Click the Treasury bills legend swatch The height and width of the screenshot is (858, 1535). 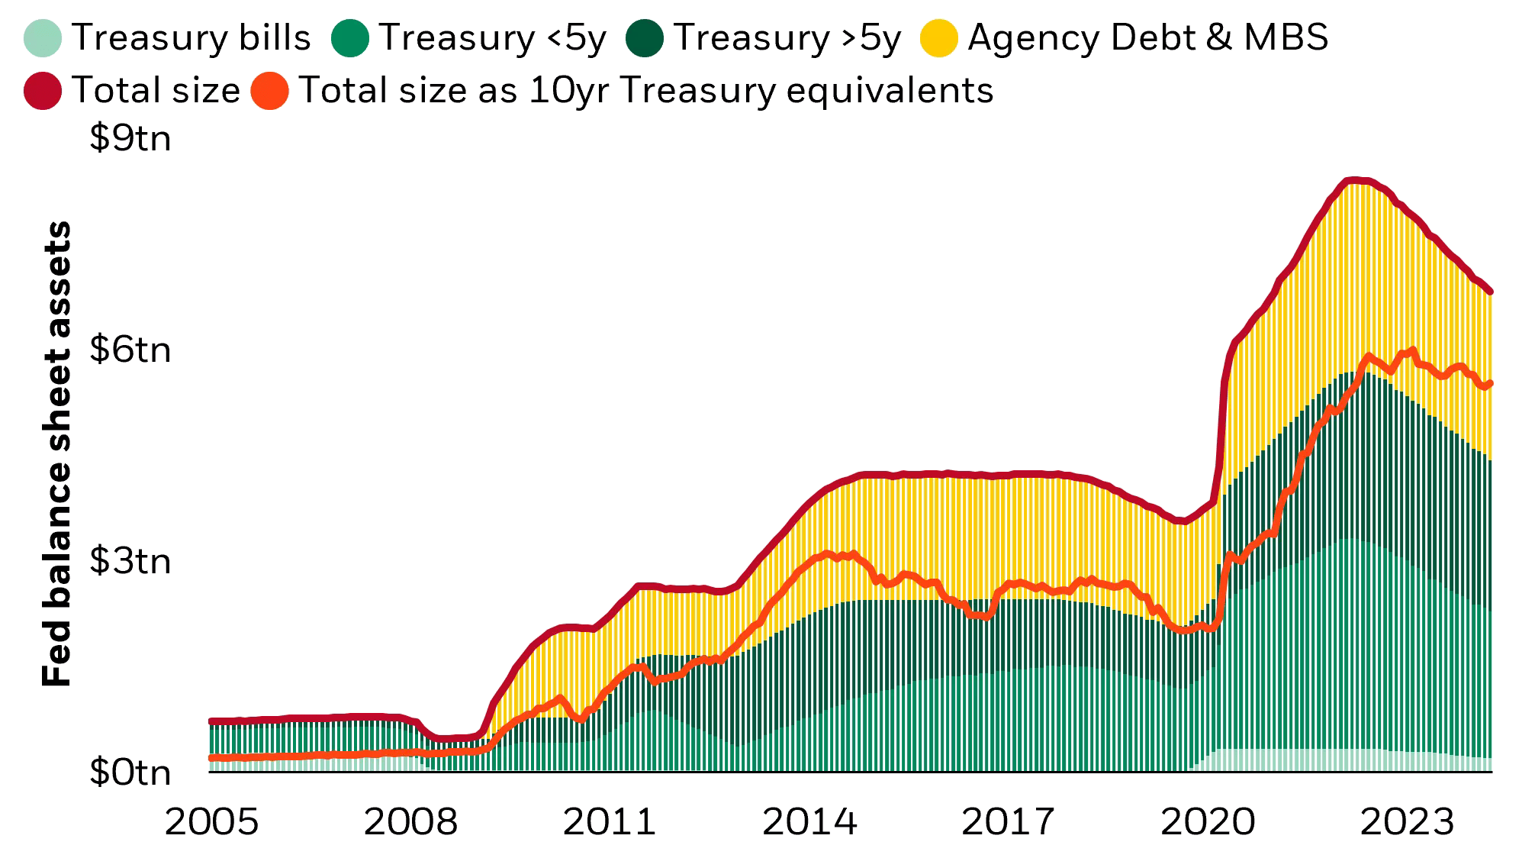tap(43, 38)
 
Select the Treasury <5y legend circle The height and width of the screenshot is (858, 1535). tap(350, 38)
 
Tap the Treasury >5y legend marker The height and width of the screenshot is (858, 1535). tap(645, 38)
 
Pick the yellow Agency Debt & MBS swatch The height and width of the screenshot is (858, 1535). tap(938, 38)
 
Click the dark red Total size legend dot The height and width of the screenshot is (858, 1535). tap(43, 91)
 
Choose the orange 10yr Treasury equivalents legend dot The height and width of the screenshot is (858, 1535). tap(269, 91)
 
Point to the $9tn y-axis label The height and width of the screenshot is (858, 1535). tap(130, 138)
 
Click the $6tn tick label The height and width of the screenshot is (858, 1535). tap(130, 350)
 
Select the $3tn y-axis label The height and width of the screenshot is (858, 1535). tap(130, 561)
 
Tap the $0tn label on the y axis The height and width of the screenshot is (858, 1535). tap(130, 773)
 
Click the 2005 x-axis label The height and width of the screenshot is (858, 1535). tap(211, 822)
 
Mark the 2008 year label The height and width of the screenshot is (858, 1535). tap(410, 822)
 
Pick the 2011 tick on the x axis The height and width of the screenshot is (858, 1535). tap(610, 822)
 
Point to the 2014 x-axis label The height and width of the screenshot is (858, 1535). tap(809, 822)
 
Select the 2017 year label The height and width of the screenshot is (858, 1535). tap(1009, 822)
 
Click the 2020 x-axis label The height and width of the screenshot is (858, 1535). tap(1208, 822)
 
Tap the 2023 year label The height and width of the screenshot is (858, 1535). tap(1408, 822)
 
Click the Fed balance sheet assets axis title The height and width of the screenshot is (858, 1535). tap(56, 454)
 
